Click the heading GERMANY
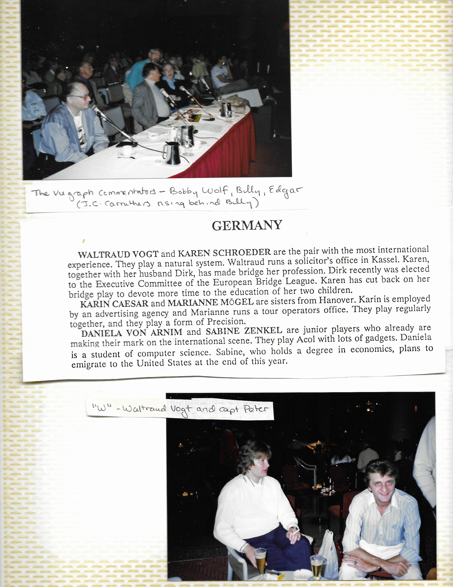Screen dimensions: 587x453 [x=247, y=226]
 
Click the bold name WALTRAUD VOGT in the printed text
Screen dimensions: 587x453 [x=118, y=254]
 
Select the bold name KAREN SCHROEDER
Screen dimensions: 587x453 [x=224, y=252]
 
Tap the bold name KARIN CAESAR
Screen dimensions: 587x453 [x=114, y=304]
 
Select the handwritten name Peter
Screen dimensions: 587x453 [x=256, y=409]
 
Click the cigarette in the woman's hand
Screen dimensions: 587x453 [x=296, y=531]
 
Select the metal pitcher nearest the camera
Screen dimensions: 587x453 [x=172, y=153]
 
